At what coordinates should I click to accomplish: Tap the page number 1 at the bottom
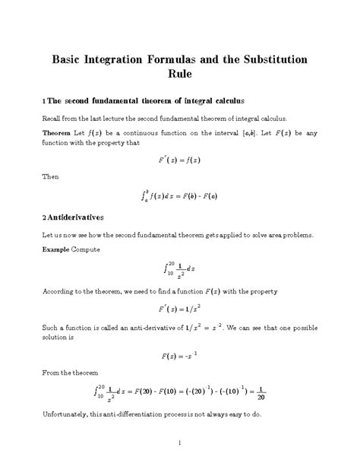[x=180, y=442]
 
